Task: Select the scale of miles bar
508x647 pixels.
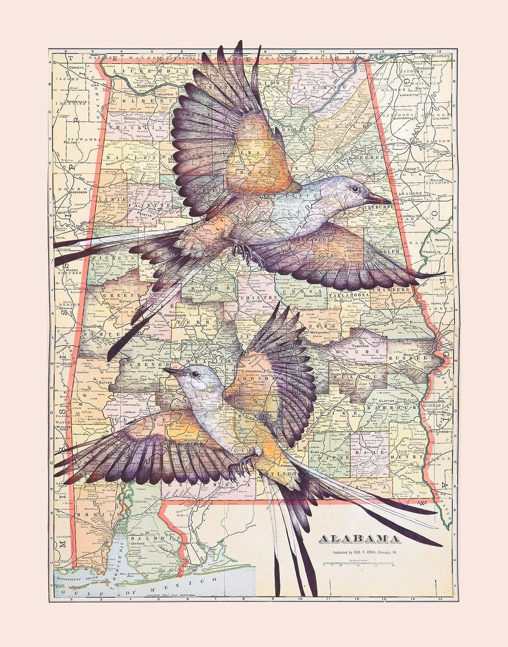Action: (358, 565)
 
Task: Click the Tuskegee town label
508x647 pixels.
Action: (366, 346)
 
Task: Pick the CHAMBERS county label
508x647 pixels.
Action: (393, 289)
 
